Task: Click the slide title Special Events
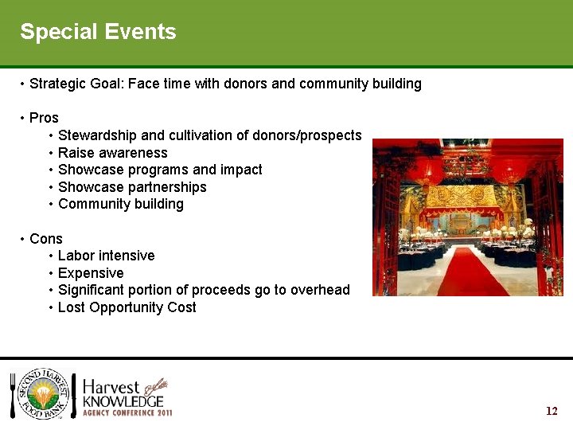98,32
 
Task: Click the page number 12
552,411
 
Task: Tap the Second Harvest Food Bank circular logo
44,396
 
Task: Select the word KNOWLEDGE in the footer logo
123,401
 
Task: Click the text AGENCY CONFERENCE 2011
127,413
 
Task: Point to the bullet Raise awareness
112,153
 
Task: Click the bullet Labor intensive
106,256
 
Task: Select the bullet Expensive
91,273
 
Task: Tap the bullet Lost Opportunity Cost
127,307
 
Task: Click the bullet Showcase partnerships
132,187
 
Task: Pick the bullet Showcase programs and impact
160,170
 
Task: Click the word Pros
44,118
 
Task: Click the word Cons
45,239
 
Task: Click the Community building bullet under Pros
121,204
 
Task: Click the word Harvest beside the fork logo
111,385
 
